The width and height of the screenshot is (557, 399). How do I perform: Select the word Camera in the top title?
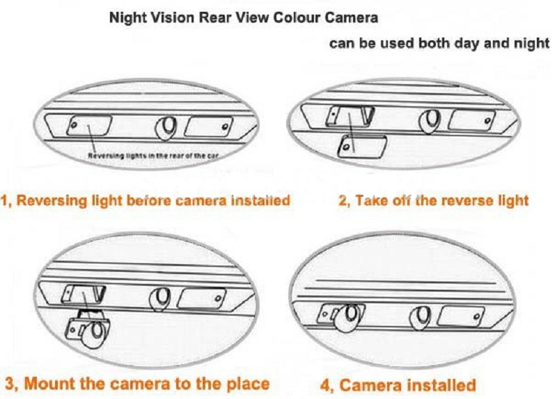[352, 17]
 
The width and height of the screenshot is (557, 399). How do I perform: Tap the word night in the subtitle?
[531, 44]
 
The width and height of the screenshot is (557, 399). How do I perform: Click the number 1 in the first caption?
[4, 201]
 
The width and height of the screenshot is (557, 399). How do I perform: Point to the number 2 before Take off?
[343, 201]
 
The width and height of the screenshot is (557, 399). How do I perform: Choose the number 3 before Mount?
[10, 384]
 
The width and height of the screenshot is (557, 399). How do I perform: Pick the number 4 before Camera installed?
[325, 385]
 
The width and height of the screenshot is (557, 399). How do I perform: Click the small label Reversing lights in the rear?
[153, 156]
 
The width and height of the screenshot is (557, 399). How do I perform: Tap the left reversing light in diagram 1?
[90, 125]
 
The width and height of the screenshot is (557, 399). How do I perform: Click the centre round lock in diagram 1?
[166, 129]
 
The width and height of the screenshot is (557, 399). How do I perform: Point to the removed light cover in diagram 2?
[362, 147]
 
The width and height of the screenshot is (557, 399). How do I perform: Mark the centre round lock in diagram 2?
[430, 121]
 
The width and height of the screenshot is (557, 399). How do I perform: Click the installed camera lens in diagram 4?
[348, 317]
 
